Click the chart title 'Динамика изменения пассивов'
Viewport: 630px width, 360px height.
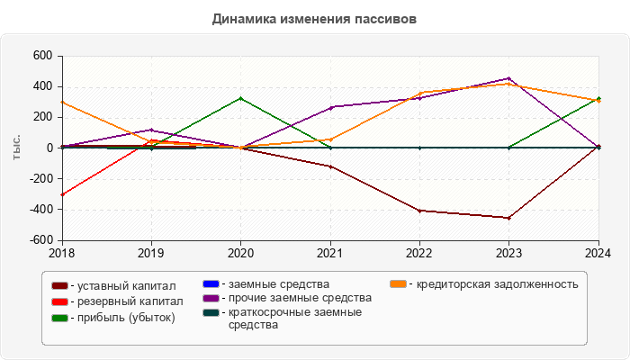(314, 19)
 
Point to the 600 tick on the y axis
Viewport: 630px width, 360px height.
(43, 56)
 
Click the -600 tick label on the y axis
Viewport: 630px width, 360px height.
(40, 240)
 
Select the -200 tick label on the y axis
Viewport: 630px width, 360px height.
(40, 179)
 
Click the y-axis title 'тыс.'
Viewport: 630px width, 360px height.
(16, 148)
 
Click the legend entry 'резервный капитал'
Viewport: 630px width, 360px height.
(129, 301)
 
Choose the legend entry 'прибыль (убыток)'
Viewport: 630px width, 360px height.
(126, 317)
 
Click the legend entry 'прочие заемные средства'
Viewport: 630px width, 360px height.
(293, 298)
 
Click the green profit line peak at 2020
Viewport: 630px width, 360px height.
(240, 98)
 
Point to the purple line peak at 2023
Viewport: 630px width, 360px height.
(508, 78)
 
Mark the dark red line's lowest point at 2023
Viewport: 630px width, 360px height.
(508, 218)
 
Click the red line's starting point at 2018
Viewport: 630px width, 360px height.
(61, 194)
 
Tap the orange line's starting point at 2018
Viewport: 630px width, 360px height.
(61, 102)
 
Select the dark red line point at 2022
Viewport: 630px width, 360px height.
(419, 211)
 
